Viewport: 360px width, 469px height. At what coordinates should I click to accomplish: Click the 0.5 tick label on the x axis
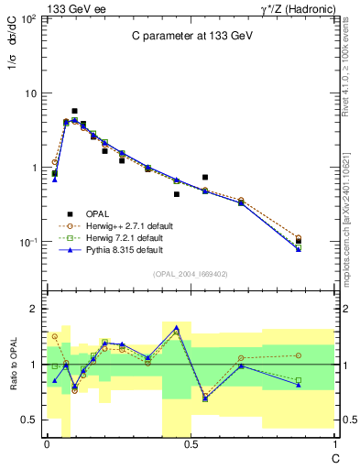[191, 443]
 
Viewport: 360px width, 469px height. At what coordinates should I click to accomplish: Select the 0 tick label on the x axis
[46, 443]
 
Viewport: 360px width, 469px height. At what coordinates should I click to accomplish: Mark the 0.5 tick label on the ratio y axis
[29, 420]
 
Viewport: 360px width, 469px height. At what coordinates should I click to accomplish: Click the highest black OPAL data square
[74, 111]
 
